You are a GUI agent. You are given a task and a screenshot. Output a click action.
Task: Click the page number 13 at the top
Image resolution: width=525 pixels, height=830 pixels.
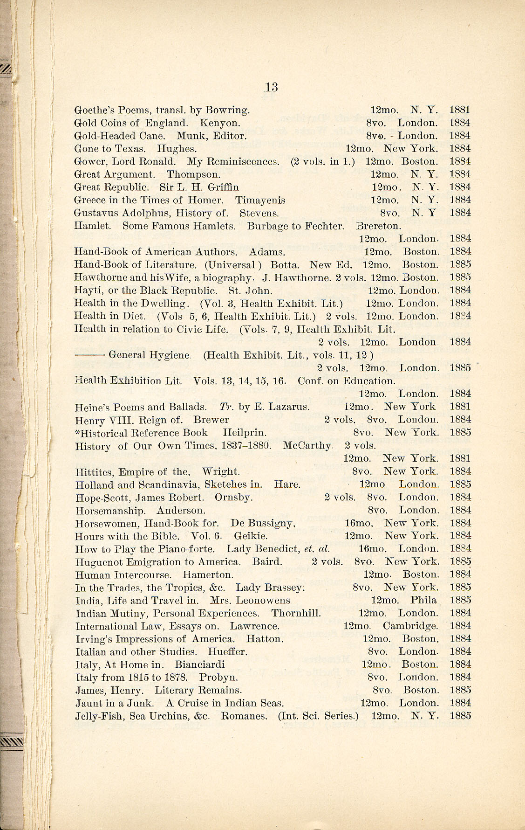click(271, 87)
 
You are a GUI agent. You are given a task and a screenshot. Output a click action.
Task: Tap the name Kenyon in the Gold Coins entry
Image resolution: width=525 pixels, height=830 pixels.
click(220, 123)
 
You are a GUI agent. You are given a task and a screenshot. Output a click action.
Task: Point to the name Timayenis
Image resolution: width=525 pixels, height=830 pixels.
click(260, 201)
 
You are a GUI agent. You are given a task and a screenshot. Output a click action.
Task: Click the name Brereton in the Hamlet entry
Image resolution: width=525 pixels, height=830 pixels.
click(378, 226)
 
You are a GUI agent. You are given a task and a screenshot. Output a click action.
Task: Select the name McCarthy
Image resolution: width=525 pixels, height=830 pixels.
click(308, 445)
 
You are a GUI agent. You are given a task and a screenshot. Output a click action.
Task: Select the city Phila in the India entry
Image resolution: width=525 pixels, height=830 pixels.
click(423, 601)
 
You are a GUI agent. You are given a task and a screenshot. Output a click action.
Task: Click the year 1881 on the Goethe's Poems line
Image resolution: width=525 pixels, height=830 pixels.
click(460, 111)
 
